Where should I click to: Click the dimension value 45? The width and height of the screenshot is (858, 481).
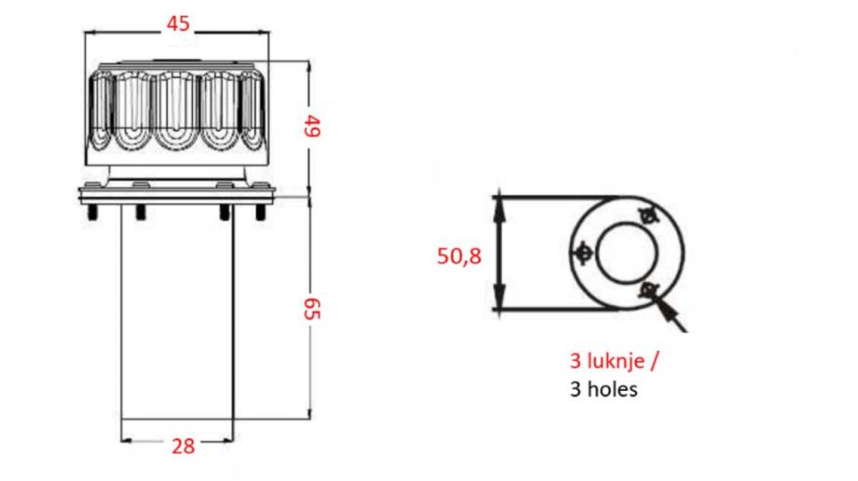point(178,24)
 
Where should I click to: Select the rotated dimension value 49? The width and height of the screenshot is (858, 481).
point(312,126)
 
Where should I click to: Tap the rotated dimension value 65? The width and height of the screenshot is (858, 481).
point(312,309)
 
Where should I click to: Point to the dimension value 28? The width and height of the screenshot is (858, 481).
point(183,446)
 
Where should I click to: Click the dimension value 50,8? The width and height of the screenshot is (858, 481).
point(459,256)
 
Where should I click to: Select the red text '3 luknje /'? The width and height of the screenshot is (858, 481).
point(614,361)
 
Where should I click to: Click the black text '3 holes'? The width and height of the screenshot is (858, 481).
point(603,390)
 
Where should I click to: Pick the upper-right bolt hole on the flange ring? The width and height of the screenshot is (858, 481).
point(649,216)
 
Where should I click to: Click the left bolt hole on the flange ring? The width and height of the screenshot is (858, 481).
point(583,253)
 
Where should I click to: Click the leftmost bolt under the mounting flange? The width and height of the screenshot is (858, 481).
point(92,212)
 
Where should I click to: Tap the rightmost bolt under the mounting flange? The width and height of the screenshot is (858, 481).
point(260,212)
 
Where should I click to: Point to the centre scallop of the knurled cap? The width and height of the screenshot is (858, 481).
point(177,110)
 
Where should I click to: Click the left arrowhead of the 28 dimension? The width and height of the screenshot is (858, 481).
point(127,440)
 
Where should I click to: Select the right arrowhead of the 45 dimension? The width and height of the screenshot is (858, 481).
point(264,33)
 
